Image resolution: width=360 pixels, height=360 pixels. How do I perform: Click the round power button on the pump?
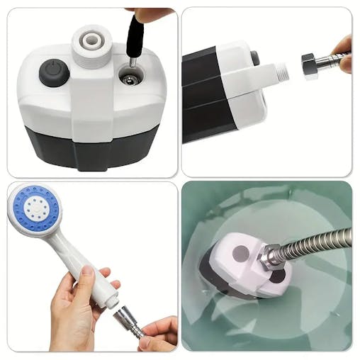[53, 72]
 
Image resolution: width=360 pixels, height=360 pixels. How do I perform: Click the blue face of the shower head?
[35, 210]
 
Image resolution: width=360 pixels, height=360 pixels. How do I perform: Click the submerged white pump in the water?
[241, 266]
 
